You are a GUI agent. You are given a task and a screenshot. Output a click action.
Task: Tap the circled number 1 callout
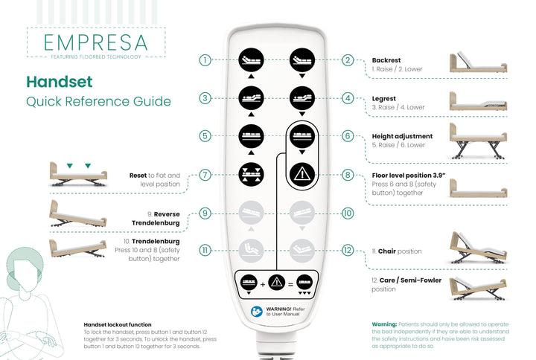(x=205, y=60)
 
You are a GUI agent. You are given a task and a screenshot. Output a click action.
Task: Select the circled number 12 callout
(x=348, y=250)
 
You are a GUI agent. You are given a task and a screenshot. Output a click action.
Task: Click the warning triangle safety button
(x=301, y=175)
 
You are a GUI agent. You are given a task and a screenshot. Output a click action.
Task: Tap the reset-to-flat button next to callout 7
(x=250, y=175)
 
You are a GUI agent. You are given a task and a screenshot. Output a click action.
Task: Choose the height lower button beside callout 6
(x=301, y=136)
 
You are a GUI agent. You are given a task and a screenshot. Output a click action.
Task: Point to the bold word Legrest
(x=384, y=98)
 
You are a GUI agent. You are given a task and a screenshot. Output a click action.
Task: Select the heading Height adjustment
(x=402, y=137)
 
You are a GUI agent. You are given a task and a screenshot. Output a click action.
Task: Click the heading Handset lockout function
(x=118, y=324)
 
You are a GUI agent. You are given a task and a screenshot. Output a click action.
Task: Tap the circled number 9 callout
(x=205, y=213)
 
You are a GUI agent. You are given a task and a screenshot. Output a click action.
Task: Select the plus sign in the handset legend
(x=263, y=283)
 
